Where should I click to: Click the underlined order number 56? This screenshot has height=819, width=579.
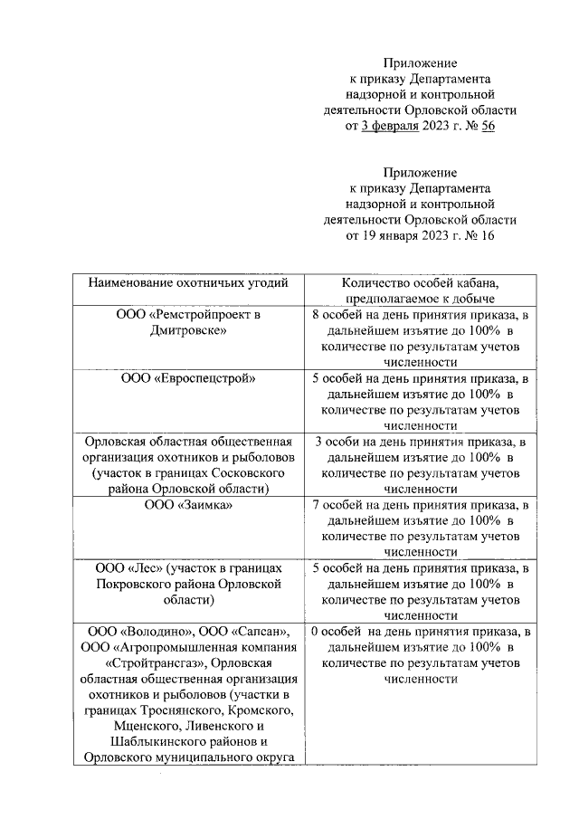coord(486,126)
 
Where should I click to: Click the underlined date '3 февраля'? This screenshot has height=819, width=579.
coord(389,126)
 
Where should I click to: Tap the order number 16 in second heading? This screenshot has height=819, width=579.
coord(486,236)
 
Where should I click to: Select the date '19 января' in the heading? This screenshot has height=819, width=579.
coord(389,236)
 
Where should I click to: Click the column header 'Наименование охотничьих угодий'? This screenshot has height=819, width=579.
coord(187,283)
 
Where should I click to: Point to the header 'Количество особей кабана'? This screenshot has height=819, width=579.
coord(419,283)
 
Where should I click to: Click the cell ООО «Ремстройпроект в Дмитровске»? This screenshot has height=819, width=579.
coord(187,323)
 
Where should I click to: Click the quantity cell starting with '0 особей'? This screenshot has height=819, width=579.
coord(419,655)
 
